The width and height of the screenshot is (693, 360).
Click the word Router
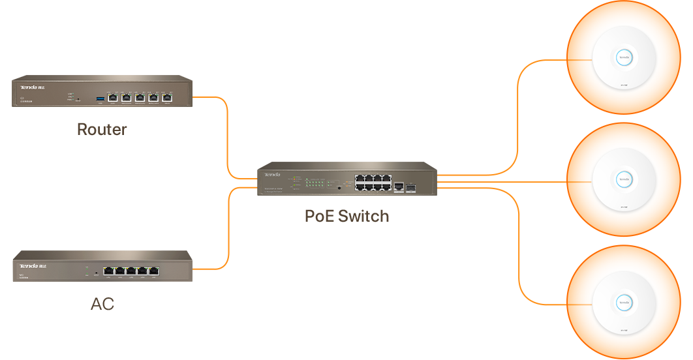click(102, 129)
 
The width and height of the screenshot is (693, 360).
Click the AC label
click(102, 303)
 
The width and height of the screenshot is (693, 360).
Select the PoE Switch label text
click(346, 216)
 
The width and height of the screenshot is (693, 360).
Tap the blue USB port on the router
click(100, 98)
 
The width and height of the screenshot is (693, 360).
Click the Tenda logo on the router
click(31, 87)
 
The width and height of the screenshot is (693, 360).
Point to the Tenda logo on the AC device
click(31, 266)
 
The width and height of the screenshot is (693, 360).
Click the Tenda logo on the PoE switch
click(272, 175)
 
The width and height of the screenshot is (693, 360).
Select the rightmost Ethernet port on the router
click(168, 98)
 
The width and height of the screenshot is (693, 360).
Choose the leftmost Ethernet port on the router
click(112, 98)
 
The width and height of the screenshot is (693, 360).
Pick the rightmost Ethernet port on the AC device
click(154, 271)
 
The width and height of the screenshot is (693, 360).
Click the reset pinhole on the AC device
click(97, 273)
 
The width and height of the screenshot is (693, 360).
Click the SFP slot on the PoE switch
click(412, 187)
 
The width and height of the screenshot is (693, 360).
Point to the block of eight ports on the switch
click(373, 183)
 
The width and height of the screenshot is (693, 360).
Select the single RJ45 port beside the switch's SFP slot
click(399, 187)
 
